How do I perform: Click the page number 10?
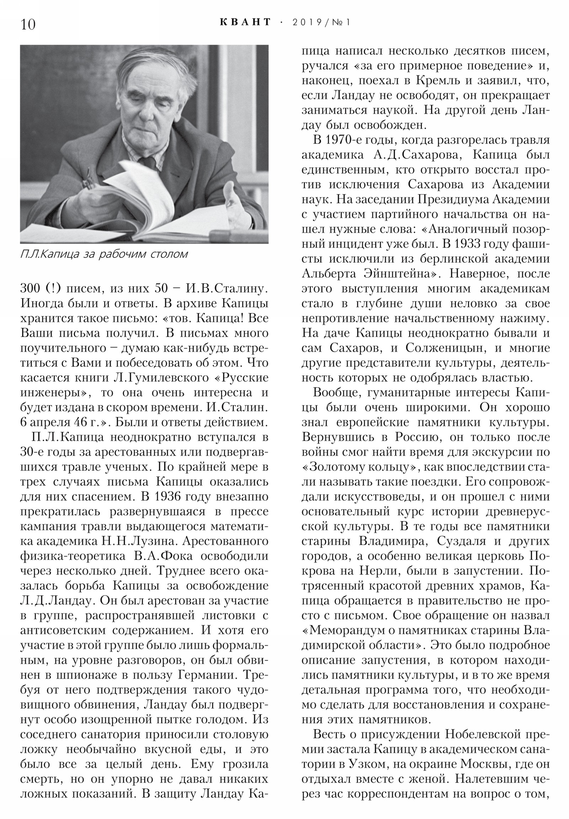coord(28,25)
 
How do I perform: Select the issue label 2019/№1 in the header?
coord(321,22)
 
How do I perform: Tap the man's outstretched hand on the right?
coord(235,205)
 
